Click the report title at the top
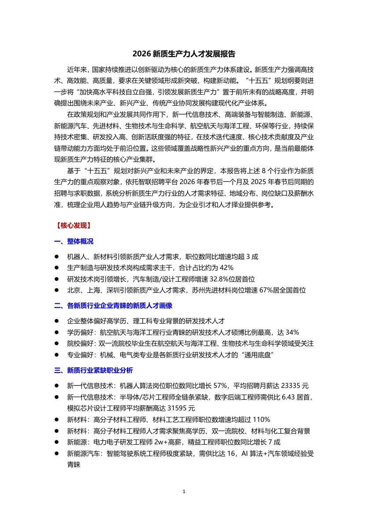click(x=184, y=54)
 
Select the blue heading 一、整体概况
click(x=74, y=241)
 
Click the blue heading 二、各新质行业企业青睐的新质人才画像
click(x=113, y=305)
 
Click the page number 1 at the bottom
click(x=184, y=491)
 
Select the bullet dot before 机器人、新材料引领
click(x=56, y=256)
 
